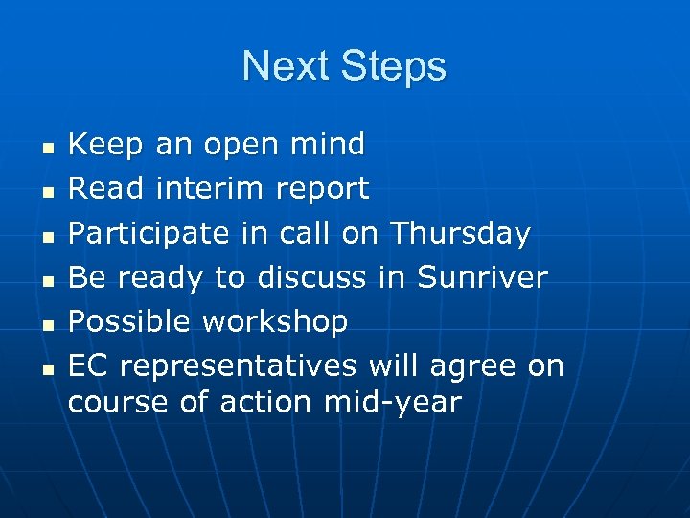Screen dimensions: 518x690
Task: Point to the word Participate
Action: (149, 233)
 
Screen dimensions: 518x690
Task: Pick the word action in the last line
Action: (265, 402)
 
